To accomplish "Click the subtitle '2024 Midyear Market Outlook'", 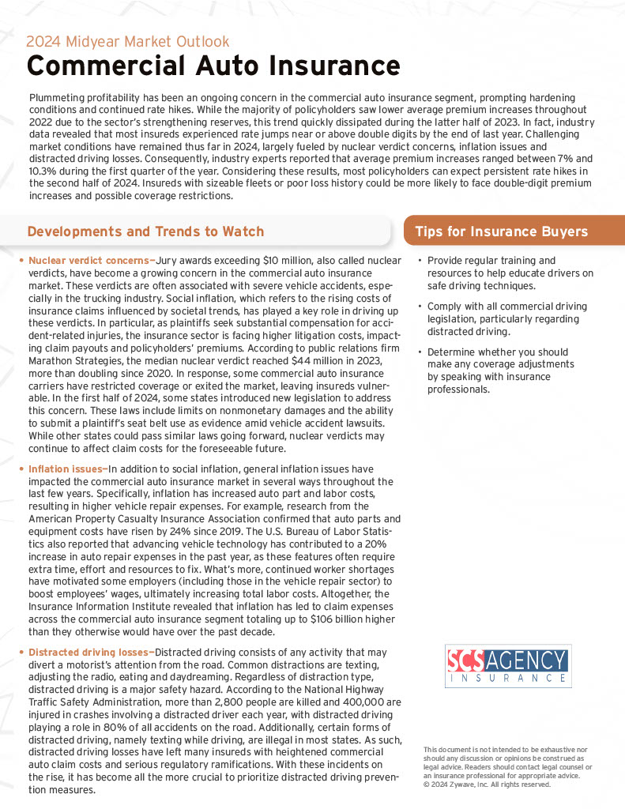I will coord(128,42).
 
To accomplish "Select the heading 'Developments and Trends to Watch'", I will coord(145,231).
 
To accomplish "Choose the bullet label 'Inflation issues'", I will coord(66,469).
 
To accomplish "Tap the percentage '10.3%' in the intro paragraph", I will coord(43,170).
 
